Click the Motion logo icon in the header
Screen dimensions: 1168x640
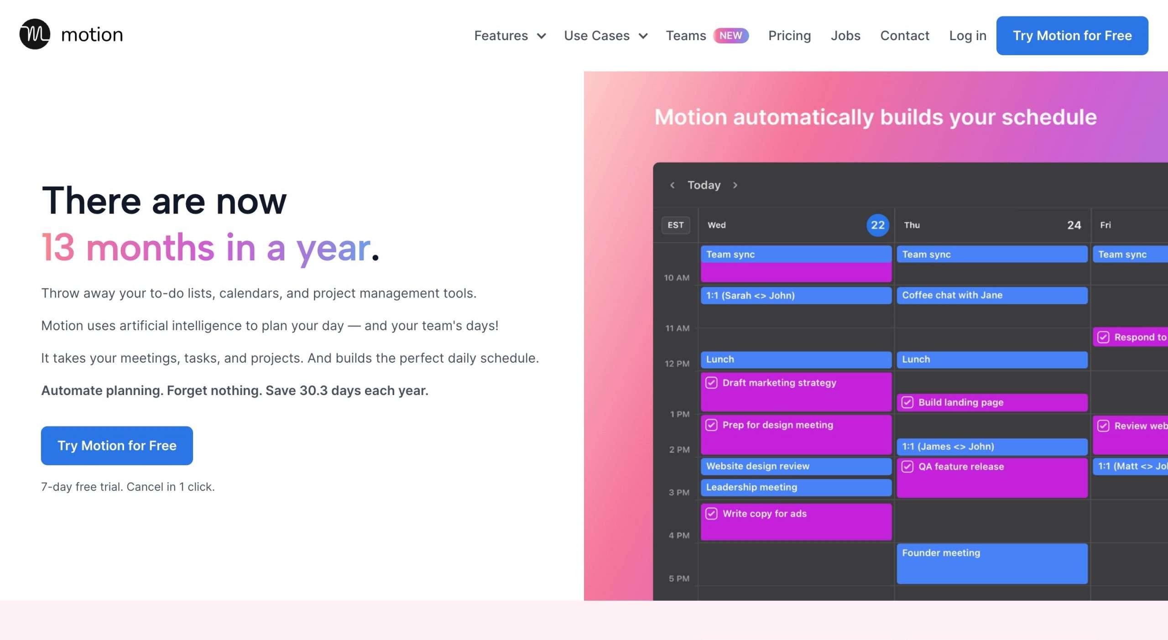point(35,34)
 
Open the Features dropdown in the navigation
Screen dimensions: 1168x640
point(510,36)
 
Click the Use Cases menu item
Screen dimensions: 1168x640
point(605,36)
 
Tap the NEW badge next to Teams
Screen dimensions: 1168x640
point(731,36)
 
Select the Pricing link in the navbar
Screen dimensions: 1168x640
point(789,36)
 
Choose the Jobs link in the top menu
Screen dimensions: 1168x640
point(845,36)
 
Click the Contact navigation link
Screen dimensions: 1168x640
point(905,36)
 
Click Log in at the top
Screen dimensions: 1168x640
point(968,36)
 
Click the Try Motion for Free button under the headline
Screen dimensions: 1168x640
point(117,446)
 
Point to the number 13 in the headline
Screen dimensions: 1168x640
point(58,247)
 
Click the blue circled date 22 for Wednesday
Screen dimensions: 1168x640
point(878,225)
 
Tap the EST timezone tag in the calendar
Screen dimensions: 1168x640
point(676,225)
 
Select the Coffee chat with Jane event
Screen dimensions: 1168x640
point(992,295)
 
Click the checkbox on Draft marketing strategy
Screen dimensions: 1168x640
point(711,383)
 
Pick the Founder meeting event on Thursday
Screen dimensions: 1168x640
point(992,563)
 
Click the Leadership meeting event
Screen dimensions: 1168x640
point(796,487)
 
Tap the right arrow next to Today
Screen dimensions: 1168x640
point(735,185)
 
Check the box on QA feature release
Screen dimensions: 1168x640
point(907,466)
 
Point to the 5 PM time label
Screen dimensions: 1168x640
point(679,578)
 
